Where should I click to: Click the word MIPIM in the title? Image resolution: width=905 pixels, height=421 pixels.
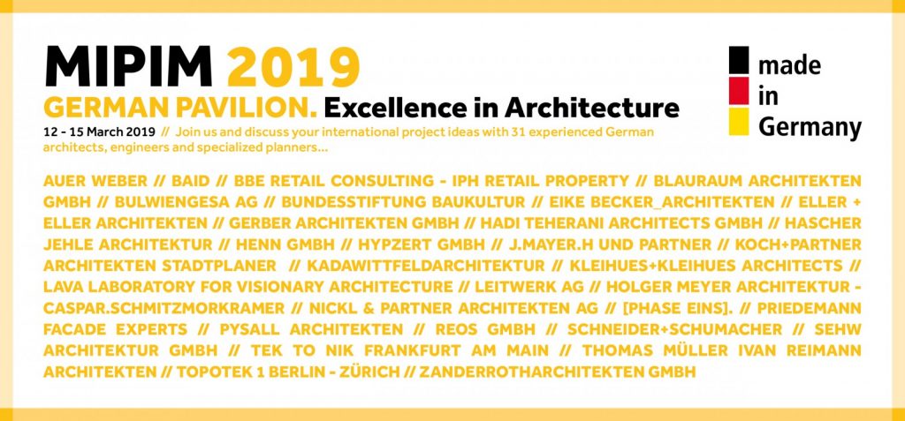pyautogui.click(x=129, y=67)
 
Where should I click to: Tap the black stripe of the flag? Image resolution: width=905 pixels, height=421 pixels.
pyautogui.click(x=739, y=62)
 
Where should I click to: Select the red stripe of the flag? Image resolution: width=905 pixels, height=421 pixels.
pyautogui.click(x=739, y=92)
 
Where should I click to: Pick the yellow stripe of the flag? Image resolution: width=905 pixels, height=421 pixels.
pyautogui.click(x=739, y=121)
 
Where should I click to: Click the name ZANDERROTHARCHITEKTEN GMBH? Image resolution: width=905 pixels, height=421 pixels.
pyautogui.click(x=558, y=372)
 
